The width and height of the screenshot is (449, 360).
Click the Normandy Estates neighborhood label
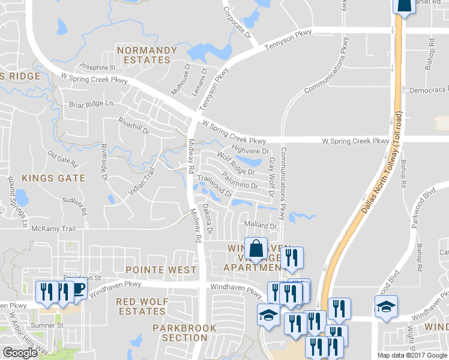(147, 55)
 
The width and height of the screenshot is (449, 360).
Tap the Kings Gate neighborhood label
(53, 178)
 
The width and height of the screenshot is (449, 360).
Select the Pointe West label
(161, 270)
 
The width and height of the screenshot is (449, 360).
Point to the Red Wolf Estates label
(140, 306)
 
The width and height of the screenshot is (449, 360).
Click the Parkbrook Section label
(180, 332)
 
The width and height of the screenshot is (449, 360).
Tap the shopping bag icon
(256, 248)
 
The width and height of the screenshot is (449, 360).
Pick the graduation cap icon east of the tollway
(386, 307)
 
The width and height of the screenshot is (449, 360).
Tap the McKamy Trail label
(53, 229)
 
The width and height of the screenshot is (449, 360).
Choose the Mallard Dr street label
(259, 226)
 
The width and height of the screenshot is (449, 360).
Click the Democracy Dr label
(429, 90)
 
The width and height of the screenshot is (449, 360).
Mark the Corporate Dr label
(237, 23)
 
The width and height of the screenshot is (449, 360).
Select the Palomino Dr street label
(240, 181)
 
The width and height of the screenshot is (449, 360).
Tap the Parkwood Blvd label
(423, 210)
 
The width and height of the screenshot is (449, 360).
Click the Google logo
(20, 353)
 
